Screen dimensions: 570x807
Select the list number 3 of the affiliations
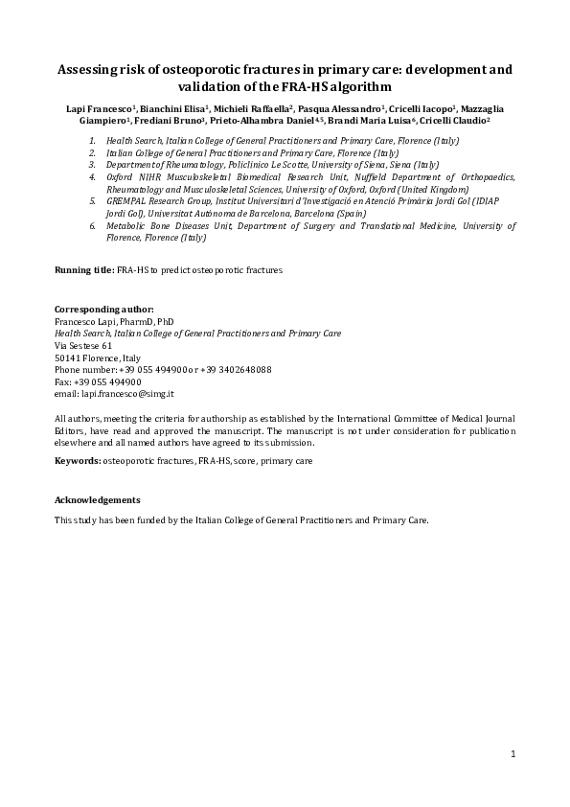93,165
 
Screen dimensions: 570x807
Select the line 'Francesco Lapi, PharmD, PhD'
114,322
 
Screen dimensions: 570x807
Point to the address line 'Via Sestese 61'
83,345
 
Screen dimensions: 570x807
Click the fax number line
98,381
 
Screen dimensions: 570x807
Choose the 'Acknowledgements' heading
98,500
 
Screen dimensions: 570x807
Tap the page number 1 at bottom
513,755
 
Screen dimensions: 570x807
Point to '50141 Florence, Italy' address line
98,357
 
